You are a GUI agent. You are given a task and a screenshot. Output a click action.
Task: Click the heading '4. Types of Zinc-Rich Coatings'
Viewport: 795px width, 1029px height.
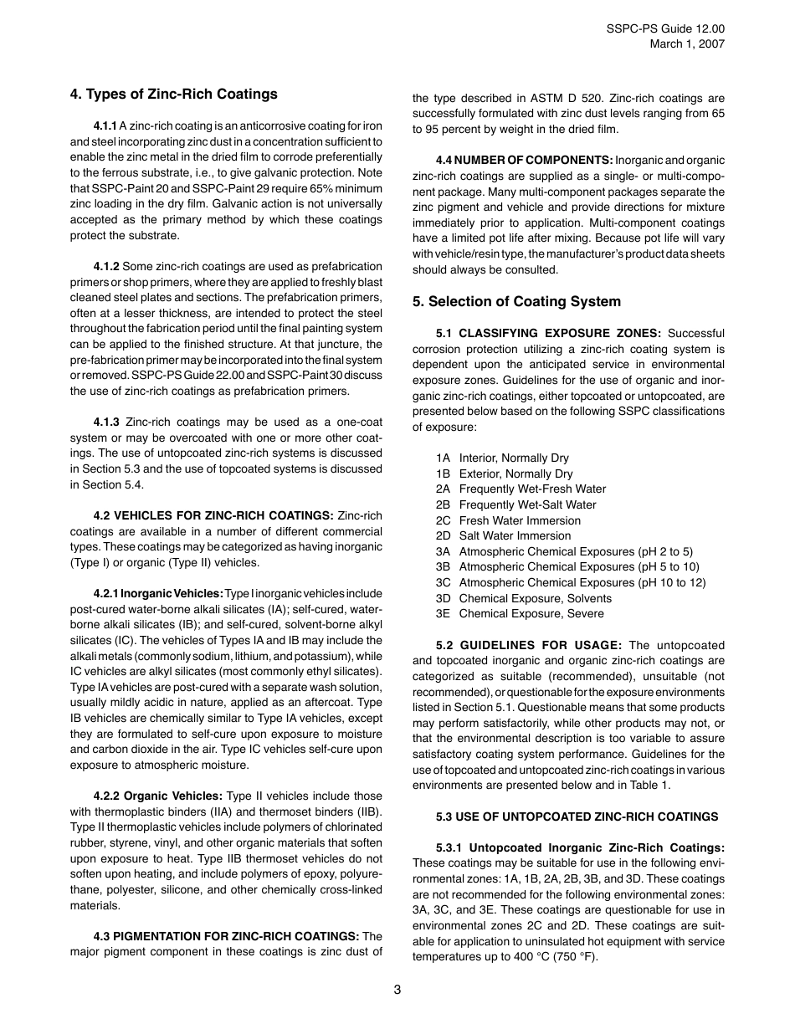point(173,94)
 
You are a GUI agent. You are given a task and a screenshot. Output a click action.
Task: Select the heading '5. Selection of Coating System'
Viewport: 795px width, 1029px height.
point(516,301)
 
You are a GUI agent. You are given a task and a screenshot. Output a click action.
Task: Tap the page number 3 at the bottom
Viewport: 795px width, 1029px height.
point(397,990)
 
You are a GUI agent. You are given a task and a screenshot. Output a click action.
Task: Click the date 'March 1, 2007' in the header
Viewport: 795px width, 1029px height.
point(687,44)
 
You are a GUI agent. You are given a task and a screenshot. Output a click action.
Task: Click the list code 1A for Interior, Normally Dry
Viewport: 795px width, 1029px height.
point(443,458)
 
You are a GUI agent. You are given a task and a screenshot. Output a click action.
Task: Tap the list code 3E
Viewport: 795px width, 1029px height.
point(443,613)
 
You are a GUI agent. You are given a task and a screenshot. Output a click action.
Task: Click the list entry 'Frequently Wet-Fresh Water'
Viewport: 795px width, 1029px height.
point(532,489)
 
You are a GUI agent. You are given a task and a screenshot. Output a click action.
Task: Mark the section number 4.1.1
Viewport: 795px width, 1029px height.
point(105,125)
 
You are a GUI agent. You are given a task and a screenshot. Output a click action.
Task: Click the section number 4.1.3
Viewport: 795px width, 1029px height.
point(106,422)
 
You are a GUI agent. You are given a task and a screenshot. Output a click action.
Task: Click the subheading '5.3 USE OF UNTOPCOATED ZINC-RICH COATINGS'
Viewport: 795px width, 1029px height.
point(577,817)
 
